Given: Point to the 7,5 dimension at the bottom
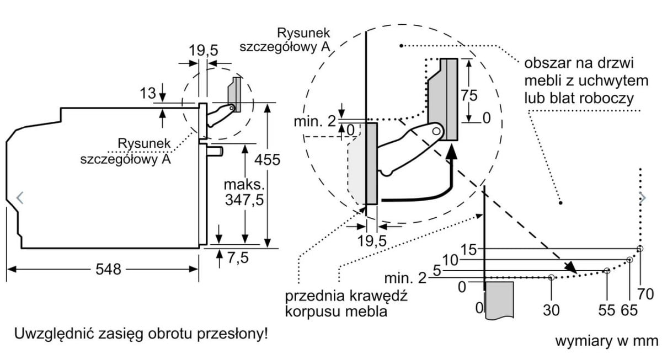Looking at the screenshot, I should pos(237,257).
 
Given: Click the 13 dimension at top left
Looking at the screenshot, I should pos(148,94).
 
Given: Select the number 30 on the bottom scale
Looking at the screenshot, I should pos(551,310).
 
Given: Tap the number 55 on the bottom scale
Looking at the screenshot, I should pos(607,310).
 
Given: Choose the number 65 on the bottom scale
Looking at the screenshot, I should pos(629,310).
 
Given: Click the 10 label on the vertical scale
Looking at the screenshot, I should pos(451,259).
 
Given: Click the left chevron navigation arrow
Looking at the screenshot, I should pos(20,197).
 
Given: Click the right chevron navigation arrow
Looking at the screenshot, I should pos(642,197).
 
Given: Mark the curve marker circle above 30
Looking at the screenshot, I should pos(551,277).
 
